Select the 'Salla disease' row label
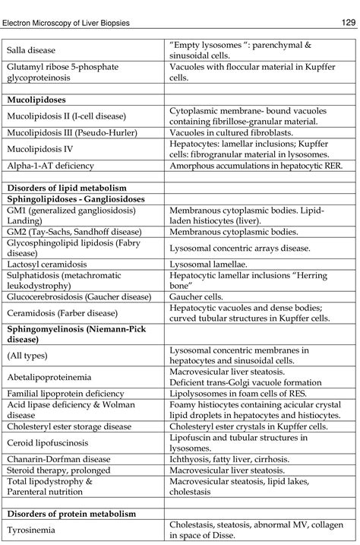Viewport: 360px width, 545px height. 30,50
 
